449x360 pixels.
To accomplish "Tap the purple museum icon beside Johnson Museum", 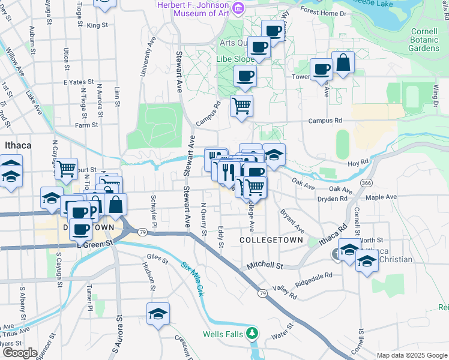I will [x=238, y=7].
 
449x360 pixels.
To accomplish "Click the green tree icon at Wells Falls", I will [x=253, y=332].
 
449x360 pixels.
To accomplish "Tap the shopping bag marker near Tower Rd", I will [x=343, y=63].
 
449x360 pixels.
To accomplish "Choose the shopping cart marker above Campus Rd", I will [x=241, y=106].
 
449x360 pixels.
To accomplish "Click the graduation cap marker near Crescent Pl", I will [x=158, y=313].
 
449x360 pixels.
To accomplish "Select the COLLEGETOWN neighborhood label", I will [x=265, y=239].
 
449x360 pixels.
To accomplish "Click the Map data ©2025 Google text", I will [x=411, y=355].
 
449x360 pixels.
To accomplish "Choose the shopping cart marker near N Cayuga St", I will [x=66, y=169].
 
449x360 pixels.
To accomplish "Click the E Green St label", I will [x=95, y=244].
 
